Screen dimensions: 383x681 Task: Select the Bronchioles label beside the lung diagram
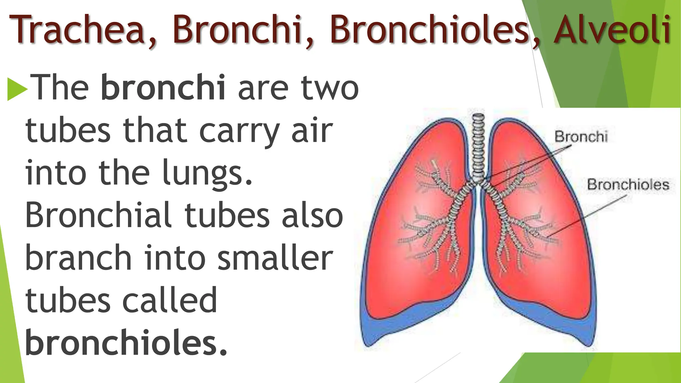(x=627, y=185)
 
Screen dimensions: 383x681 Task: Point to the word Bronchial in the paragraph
(x=98, y=215)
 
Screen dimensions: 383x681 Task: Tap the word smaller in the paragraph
(x=275, y=258)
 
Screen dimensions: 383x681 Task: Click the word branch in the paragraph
(x=78, y=258)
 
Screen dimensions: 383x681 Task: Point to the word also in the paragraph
(x=312, y=215)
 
